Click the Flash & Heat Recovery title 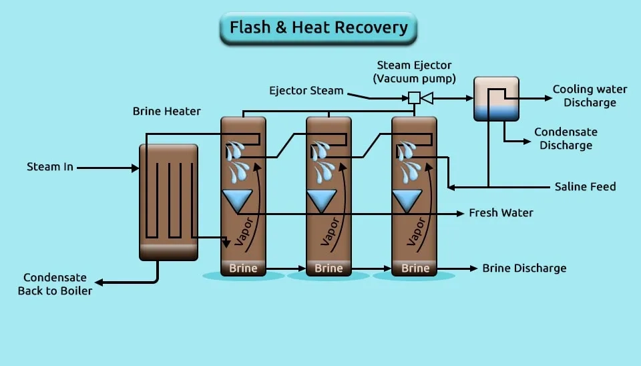pyautogui.click(x=318, y=28)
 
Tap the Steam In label pyautogui.click(x=50, y=166)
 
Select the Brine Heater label pyautogui.click(x=166, y=111)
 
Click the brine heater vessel pyautogui.click(x=168, y=201)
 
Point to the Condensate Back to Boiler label pyautogui.click(x=55, y=284)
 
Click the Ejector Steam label pyautogui.click(x=306, y=90)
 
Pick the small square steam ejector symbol pyautogui.click(x=414, y=98)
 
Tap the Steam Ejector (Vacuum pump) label pyautogui.click(x=414, y=72)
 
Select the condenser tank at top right pyautogui.click(x=496, y=99)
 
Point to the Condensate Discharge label pyautogui.click(x=566, y=138)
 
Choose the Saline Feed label pyautogui.click(x=585, y=186)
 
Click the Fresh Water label pyautogui.click(x=501, y=213)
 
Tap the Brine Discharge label pyautogui.click(x=524, y=268)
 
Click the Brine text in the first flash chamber pyautogui.click(x=243, y=268)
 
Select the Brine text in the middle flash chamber pyautogui.click(x=329, y=268)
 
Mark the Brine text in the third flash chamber pyautogui.click(x=415, y=268)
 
